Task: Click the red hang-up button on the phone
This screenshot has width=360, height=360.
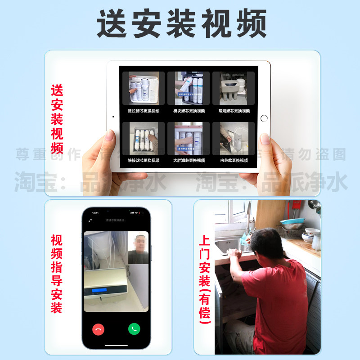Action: point(98,329)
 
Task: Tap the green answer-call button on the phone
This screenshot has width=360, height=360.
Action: point(134,329)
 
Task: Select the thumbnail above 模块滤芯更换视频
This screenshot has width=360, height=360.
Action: point(189,89)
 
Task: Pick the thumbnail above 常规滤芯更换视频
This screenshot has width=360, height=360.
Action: point(234,89)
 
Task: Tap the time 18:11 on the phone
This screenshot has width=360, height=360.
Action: point(95,212)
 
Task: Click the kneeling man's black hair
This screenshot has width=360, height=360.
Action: point(266,241)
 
